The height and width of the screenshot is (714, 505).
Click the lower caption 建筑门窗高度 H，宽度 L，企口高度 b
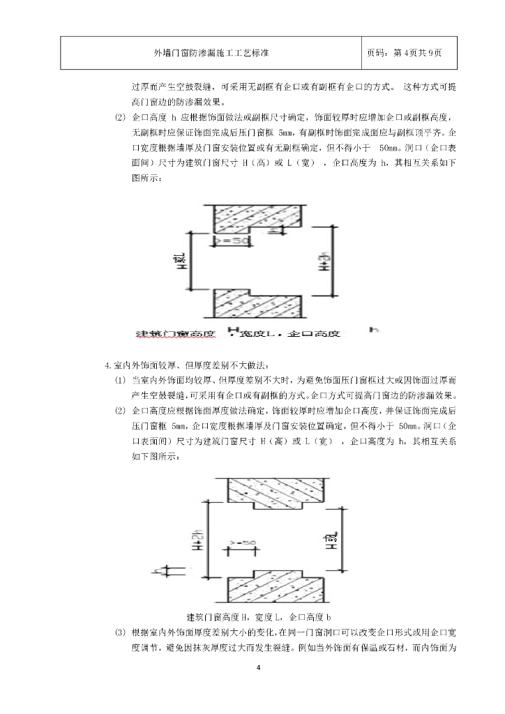[259, 617]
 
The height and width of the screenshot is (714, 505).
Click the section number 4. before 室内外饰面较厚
[107, 365]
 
